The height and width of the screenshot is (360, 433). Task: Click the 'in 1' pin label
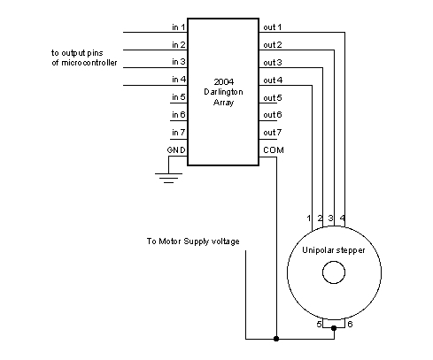179,27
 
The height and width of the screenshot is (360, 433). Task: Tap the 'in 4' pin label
179,80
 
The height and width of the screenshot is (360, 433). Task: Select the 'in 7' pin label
179,133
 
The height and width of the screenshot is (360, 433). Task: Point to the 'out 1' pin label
273,27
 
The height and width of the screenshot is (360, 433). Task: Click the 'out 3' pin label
273,63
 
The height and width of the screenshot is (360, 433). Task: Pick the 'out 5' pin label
273,97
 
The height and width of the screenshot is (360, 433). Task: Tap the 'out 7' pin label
273,133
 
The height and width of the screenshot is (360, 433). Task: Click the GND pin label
176,150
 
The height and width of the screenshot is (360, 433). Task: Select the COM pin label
274,150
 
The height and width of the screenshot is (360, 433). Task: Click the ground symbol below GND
168,178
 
